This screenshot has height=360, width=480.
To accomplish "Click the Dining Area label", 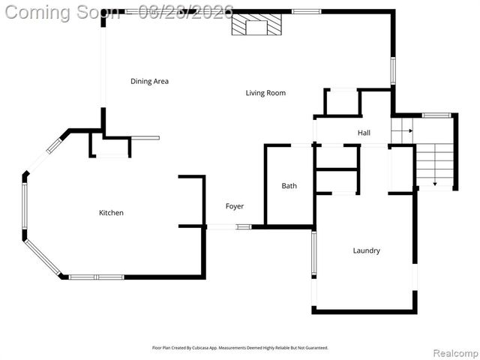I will coord(149,81).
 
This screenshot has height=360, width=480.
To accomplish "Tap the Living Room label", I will coord(265,93).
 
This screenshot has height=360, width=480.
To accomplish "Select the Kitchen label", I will coord(111,213).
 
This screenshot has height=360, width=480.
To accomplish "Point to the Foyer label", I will coord(235,206).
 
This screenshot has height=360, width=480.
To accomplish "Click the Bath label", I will coord(289,186).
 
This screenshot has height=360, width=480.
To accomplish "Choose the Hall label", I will coord(364,133).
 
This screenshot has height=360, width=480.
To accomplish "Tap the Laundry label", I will coord(366,250).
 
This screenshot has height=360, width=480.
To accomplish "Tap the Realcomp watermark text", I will coord(453,352).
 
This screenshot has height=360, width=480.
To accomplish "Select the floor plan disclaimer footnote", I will coord(240,348).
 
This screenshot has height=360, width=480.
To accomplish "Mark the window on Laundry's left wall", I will coord(313,255).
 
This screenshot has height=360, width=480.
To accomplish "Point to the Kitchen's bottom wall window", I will coord(96,277).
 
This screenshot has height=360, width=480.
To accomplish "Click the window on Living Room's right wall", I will coord(392,70).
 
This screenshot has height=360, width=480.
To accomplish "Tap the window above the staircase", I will coord(436,115).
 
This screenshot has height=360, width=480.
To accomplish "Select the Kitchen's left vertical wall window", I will coord(24,206).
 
